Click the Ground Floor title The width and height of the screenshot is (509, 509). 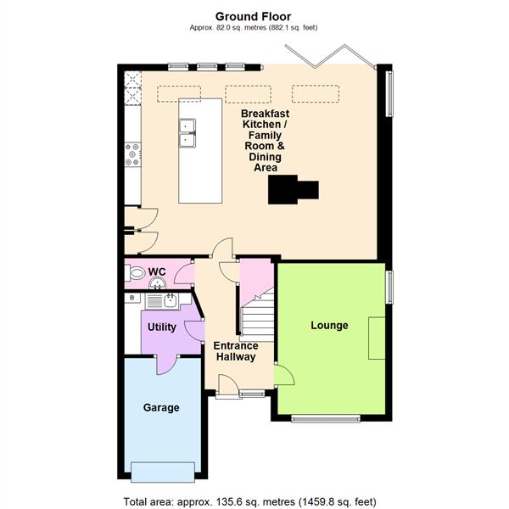[254, 16]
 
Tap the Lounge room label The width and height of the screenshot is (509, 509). [329, 325]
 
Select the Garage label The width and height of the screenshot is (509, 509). [160, 408]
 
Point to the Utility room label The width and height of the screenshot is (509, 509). [161, 327]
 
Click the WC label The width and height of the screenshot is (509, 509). [157, 272]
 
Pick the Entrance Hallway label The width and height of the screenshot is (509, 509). [235, 351]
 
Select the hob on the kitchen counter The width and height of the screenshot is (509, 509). [132, 154]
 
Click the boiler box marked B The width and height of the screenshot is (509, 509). [131, 299]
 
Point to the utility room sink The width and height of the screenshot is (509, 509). [169, 299]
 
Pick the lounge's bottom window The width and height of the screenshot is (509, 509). [326, 418]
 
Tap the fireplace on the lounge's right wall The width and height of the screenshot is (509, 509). [376, 338]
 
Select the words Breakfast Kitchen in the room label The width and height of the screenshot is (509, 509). [265, 120]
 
